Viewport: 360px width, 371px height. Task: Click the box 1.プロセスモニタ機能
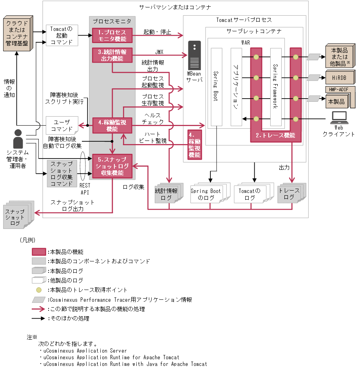tap(112, 35)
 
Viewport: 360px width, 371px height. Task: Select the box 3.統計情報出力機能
tap(112, 55)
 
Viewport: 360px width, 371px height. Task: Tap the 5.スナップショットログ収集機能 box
tap(112, 166)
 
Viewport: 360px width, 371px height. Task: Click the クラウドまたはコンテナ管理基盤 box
tap(17, 34)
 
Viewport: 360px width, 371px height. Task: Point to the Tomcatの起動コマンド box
tap(62, 35)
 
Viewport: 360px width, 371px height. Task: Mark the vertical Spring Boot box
tap(216, 87)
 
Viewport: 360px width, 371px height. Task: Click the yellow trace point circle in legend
tap(39, 290)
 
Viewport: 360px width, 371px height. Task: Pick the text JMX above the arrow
tap(159, 52)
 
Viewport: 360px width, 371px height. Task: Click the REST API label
tap(85, 189)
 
